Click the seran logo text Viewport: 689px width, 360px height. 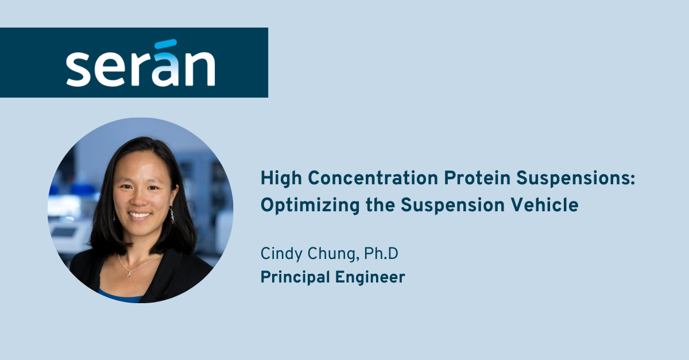(140, 68)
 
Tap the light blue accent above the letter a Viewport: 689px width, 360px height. (166, 44)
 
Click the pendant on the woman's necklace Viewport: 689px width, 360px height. (134, 272)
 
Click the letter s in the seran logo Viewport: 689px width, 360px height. (78, 69)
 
